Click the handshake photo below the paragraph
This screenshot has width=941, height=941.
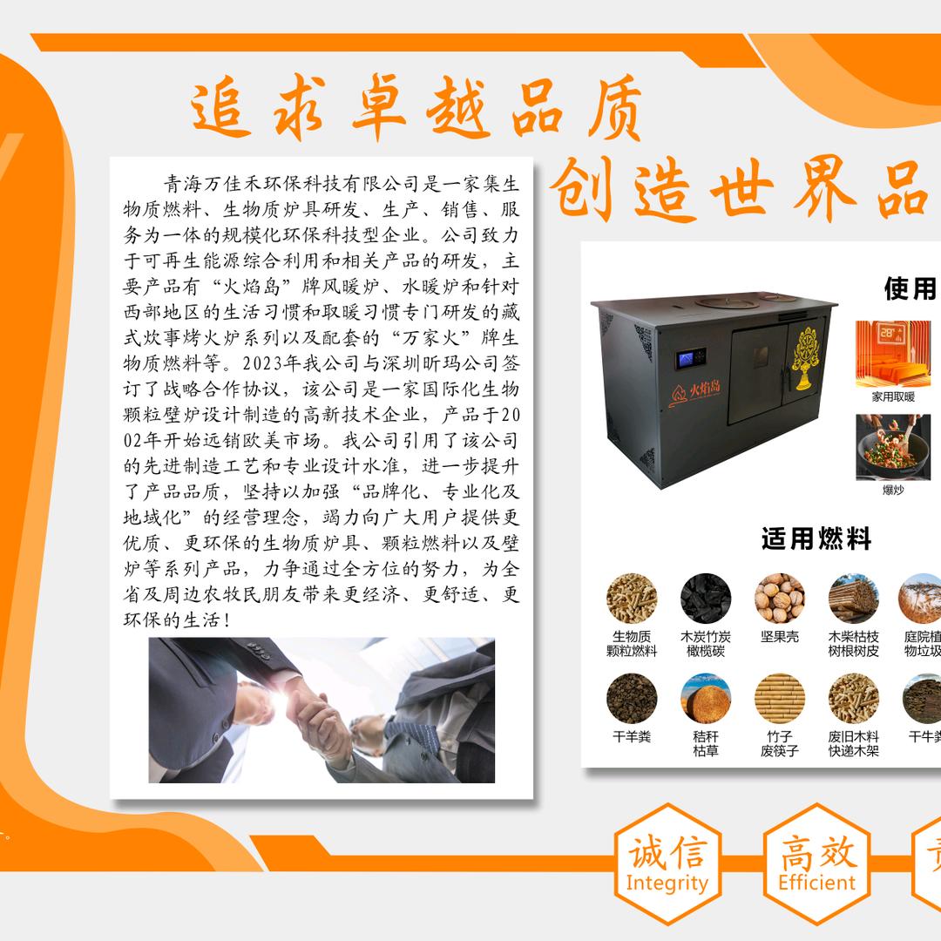[322, 710]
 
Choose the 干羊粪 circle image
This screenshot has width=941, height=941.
[632, 698]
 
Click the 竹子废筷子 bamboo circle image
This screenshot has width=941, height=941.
[779, 698]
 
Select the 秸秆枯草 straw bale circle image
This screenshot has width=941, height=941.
[706, 698]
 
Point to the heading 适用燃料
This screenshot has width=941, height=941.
[816, 539]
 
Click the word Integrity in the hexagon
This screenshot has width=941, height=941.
[667, 883]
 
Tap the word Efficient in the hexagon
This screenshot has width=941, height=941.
[816, 883]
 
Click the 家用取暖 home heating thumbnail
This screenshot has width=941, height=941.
[893, 353]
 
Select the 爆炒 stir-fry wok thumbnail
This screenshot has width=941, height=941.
[893, 446]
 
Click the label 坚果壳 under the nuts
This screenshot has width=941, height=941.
[779, 637]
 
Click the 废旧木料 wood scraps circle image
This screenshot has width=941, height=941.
[853, 698]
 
